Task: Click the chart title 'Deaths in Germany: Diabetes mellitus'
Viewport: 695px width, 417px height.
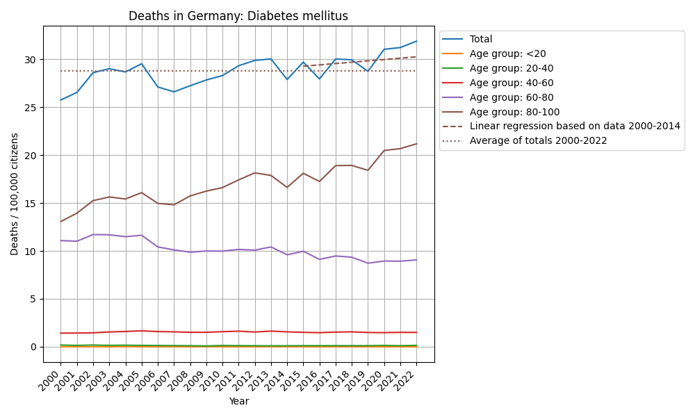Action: (238, 16)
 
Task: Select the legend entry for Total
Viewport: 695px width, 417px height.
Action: (481, 40)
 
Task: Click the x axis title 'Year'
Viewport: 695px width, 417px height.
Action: (238, 401)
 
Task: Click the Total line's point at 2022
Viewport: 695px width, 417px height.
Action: (416, 41)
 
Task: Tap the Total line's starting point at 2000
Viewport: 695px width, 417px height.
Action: (60, 100)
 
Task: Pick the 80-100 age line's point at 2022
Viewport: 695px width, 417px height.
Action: (416, 144)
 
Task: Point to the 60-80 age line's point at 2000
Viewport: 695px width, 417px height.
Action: (60, 240)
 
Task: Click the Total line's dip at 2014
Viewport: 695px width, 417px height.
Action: (287, 79)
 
